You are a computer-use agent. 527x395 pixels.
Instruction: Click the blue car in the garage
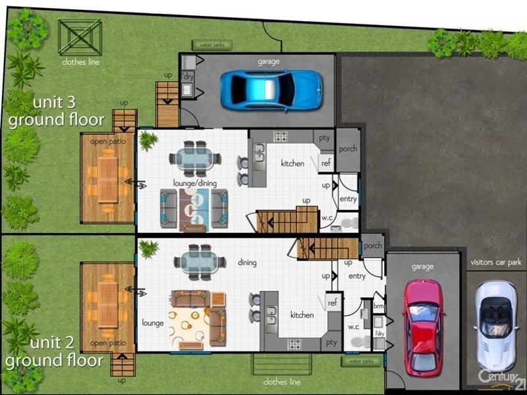point(271,90)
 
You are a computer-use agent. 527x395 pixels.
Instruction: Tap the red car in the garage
point(424,326)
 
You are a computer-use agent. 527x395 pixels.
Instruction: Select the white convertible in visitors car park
point(495,325)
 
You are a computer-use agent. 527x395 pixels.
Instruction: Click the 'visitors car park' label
point(496,262)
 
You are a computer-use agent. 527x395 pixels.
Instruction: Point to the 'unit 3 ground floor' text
point(56,112)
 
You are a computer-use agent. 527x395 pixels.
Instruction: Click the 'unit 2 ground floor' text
point(54,352)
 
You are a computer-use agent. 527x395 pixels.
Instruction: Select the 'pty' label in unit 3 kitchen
point(324,138)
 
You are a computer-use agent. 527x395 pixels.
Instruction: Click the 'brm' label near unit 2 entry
point(379,307)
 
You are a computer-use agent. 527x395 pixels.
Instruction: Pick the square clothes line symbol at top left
point(80,37)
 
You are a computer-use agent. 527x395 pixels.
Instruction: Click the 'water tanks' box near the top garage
point(212,45)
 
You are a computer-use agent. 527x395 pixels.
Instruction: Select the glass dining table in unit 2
point(196,259)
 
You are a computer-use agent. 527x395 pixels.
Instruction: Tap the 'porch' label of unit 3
point(348,149)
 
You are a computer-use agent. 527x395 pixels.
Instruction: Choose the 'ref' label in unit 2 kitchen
point(333,302)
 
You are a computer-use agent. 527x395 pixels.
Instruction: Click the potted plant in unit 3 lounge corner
point(148,140)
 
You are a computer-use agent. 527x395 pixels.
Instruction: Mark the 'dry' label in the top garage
point(188,76)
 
